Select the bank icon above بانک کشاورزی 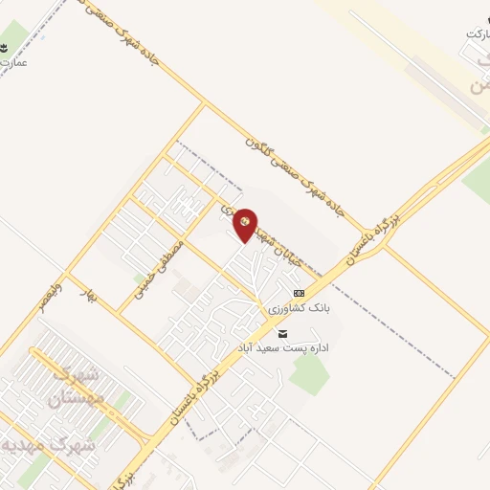(299, 293)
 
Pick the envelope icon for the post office (281, 333)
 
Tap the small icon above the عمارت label (8, 47)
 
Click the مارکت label (477, 33)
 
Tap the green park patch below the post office (308, 373)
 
